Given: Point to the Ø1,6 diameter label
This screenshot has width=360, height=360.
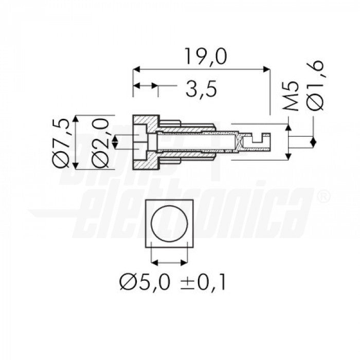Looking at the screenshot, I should tap(315, 85).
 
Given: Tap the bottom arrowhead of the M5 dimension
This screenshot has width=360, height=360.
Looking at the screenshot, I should tap(287, 157).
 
